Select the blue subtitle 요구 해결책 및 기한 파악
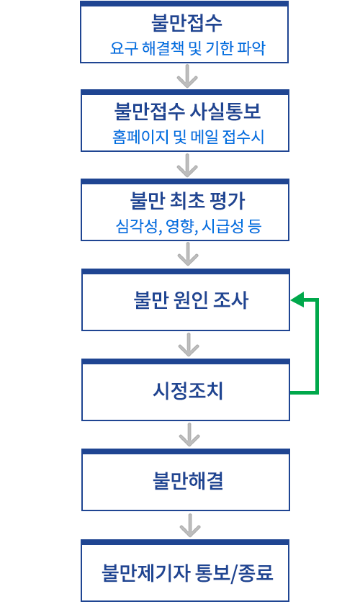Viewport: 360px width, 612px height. point(188,48)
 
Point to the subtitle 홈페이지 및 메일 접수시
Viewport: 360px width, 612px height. point(188,137)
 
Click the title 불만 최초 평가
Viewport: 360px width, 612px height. point(187,201)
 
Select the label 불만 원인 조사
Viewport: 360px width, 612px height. point(191,300)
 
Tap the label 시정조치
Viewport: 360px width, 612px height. point(188,391)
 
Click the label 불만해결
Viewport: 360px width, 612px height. point(188,480)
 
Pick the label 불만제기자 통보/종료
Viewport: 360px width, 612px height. point(187,572)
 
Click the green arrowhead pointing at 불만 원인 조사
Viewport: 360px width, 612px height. point(297,300)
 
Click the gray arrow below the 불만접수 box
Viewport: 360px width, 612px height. point(187,76)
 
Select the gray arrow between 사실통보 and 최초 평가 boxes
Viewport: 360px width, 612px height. point(187,166)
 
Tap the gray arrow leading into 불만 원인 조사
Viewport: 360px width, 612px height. point(188,254)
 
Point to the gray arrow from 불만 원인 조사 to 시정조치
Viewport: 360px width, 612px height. point(189,345)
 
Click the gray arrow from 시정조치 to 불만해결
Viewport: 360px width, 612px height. point(189,435)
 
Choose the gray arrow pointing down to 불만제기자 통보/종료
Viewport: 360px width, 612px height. point(190,526)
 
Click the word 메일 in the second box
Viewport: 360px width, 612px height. point(204,137)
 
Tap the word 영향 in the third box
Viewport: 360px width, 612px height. point(181,226)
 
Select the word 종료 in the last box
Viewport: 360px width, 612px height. point(256,572)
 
